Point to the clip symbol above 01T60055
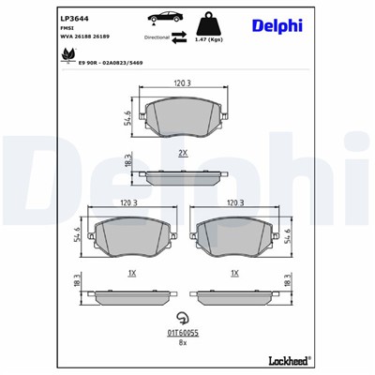(x=183, y=318)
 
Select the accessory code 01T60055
(x=183, y=333)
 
